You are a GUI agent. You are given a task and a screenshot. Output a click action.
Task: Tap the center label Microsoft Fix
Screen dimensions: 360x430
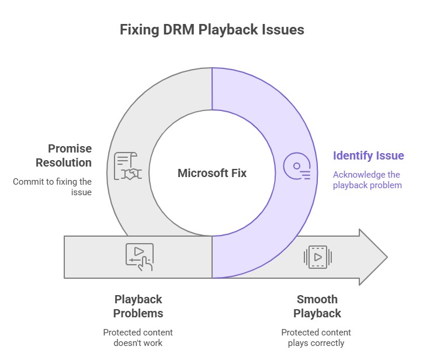212,173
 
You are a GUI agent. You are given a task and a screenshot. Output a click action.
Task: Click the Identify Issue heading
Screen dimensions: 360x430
368,156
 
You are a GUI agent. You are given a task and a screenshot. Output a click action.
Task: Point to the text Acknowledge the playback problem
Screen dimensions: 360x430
366,180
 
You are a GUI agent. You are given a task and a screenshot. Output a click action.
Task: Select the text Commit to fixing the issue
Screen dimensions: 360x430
53,186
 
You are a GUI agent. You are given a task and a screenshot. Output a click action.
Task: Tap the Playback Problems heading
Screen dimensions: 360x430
138,306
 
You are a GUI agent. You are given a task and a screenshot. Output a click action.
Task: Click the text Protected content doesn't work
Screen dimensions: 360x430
138,338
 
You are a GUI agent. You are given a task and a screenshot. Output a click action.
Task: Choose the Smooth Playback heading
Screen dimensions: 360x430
317,306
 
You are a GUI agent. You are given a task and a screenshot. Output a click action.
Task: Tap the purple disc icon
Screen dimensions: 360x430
297,166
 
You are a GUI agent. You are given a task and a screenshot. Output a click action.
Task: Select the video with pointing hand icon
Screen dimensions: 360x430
140,257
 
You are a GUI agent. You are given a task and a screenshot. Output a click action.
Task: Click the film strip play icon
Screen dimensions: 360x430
318,257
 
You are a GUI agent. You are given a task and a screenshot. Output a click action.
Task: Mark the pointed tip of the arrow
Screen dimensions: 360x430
386,257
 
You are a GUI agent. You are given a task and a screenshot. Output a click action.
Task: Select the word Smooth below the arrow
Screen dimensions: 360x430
317,300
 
